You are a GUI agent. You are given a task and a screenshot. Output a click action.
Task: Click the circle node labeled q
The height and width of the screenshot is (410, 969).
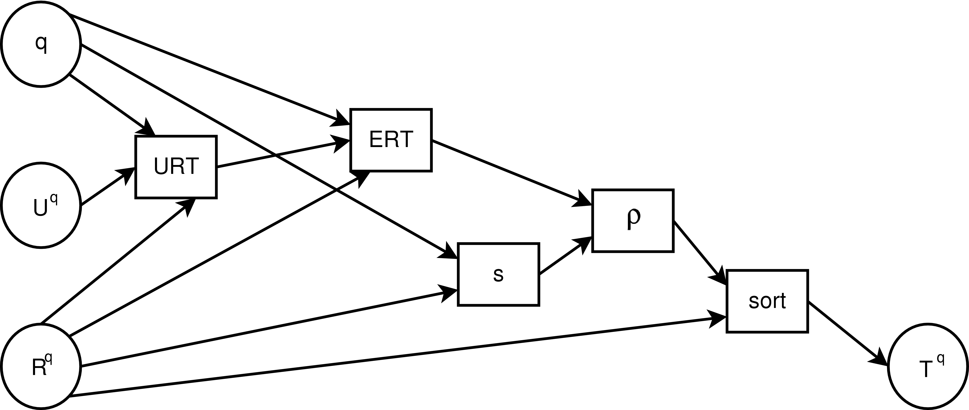41,44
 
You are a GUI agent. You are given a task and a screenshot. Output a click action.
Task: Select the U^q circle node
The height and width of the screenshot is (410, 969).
41,205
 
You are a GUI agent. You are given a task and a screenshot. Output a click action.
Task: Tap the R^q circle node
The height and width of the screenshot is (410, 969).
41,366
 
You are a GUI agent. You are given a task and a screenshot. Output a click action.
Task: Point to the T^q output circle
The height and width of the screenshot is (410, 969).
928,366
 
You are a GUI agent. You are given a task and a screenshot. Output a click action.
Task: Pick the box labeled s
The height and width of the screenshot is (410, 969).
498,274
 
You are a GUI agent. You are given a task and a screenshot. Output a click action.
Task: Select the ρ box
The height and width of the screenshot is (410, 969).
633,221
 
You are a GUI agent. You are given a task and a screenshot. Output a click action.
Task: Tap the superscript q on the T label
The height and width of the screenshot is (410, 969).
940,359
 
